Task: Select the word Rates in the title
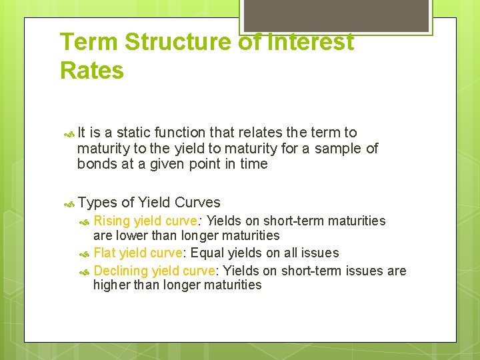92,70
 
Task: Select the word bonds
96,163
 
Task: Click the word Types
97,203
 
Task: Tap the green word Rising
112,221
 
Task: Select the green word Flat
105,253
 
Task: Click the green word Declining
121,270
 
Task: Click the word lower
132,235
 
